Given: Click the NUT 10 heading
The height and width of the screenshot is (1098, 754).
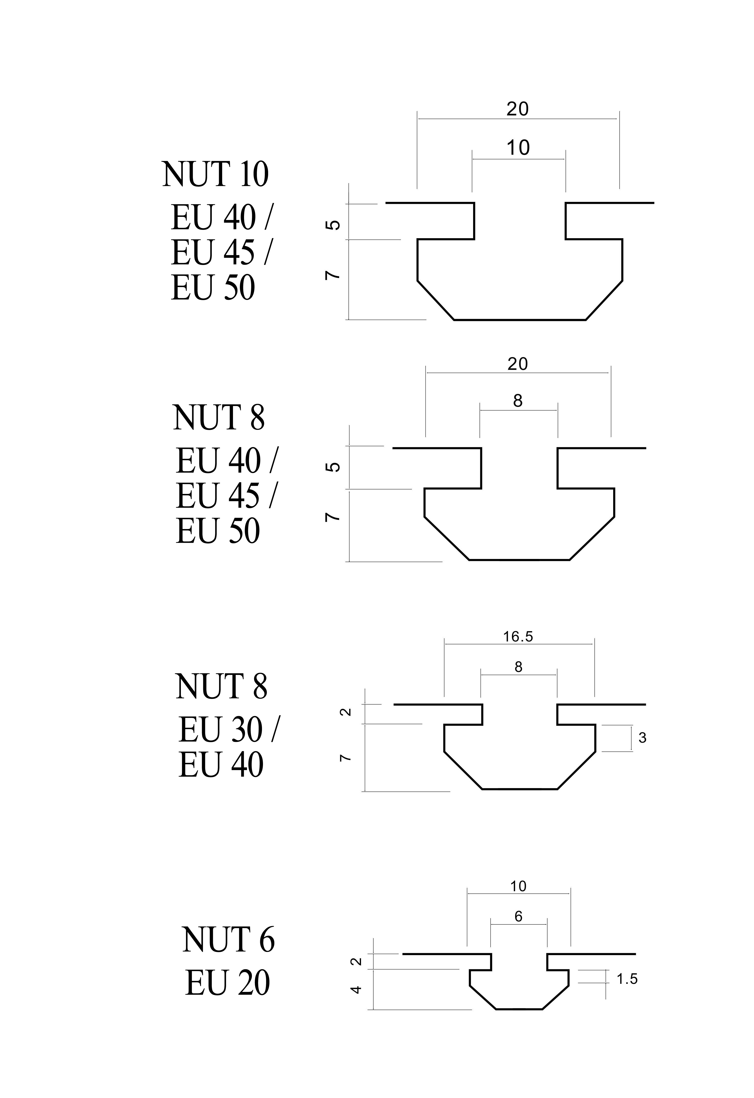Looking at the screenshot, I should tap(216, 174).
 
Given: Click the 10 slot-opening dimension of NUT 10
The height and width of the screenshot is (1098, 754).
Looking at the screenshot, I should tap(518, 148).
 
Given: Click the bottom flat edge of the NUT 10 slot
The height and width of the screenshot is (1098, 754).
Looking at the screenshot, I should tap(520, 320).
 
